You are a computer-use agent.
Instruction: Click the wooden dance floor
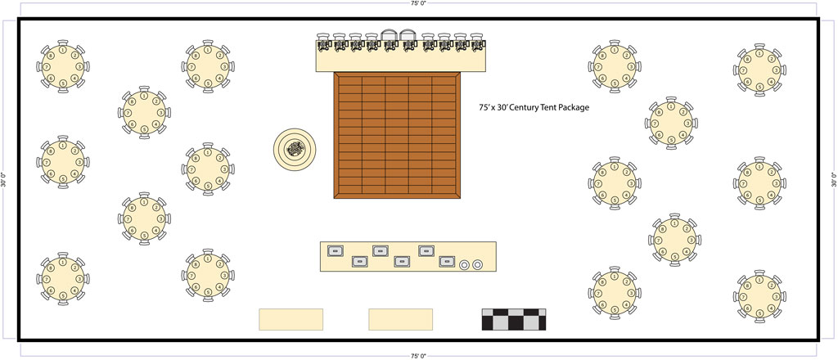coord(398,135)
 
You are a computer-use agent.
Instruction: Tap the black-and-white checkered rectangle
coord(514,319)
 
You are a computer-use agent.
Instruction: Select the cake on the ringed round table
coord(295,149)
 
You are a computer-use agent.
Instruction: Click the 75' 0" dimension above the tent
coord(418,4)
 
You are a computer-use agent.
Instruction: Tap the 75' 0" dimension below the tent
coord(418,356)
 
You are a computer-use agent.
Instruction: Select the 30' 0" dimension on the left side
coord(6,180)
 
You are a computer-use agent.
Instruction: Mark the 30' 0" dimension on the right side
coord(833,180)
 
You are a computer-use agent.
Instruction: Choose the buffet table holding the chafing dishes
coord(408,257)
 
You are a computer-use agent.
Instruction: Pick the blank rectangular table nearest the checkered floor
coord(400,319)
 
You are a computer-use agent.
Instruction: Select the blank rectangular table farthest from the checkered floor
coord(291,319)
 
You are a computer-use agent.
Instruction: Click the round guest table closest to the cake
coord(207,169)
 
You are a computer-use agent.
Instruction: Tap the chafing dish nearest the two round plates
coord(445,262)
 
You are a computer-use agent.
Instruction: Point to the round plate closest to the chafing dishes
coord(465,264)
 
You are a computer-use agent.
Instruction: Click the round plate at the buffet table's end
coord(478,264)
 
